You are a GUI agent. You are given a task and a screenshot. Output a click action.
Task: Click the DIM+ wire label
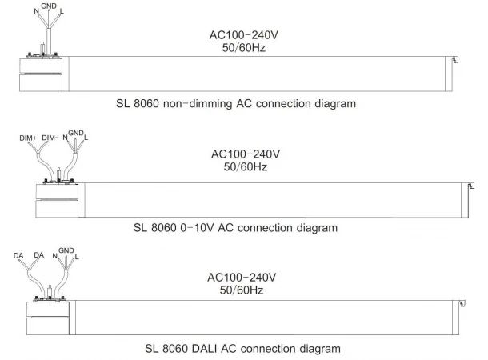tap(28, 138)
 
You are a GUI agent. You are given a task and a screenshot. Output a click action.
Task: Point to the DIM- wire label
tap(50, 138)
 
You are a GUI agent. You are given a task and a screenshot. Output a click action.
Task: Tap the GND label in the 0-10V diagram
tap(76, 133)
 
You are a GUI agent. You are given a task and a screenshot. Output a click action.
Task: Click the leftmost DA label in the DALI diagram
tap(18, 256)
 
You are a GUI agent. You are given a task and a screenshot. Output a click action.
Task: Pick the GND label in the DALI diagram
tap(66, 250)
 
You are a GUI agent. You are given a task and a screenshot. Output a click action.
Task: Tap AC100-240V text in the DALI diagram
tap(244, 277)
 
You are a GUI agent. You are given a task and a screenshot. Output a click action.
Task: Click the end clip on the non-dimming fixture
tap(453, 61)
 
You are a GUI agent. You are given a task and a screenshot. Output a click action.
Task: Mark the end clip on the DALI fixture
tap(460, 305)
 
